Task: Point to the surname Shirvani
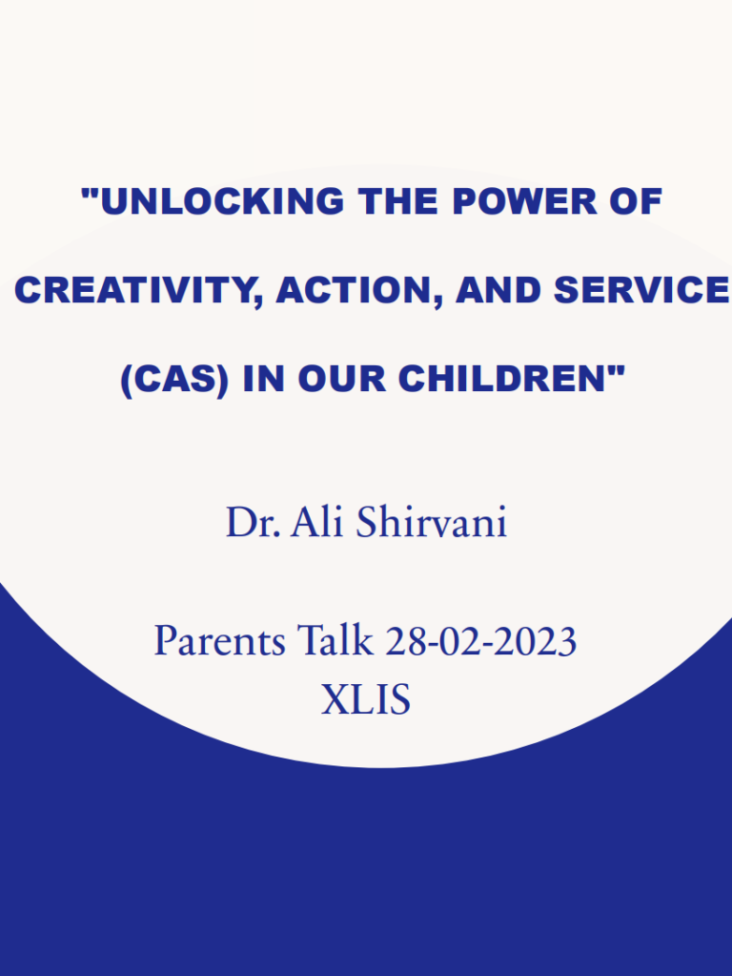tap(431, 523)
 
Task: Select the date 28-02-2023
tap(480, 641)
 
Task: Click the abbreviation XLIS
tap(366, 700)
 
